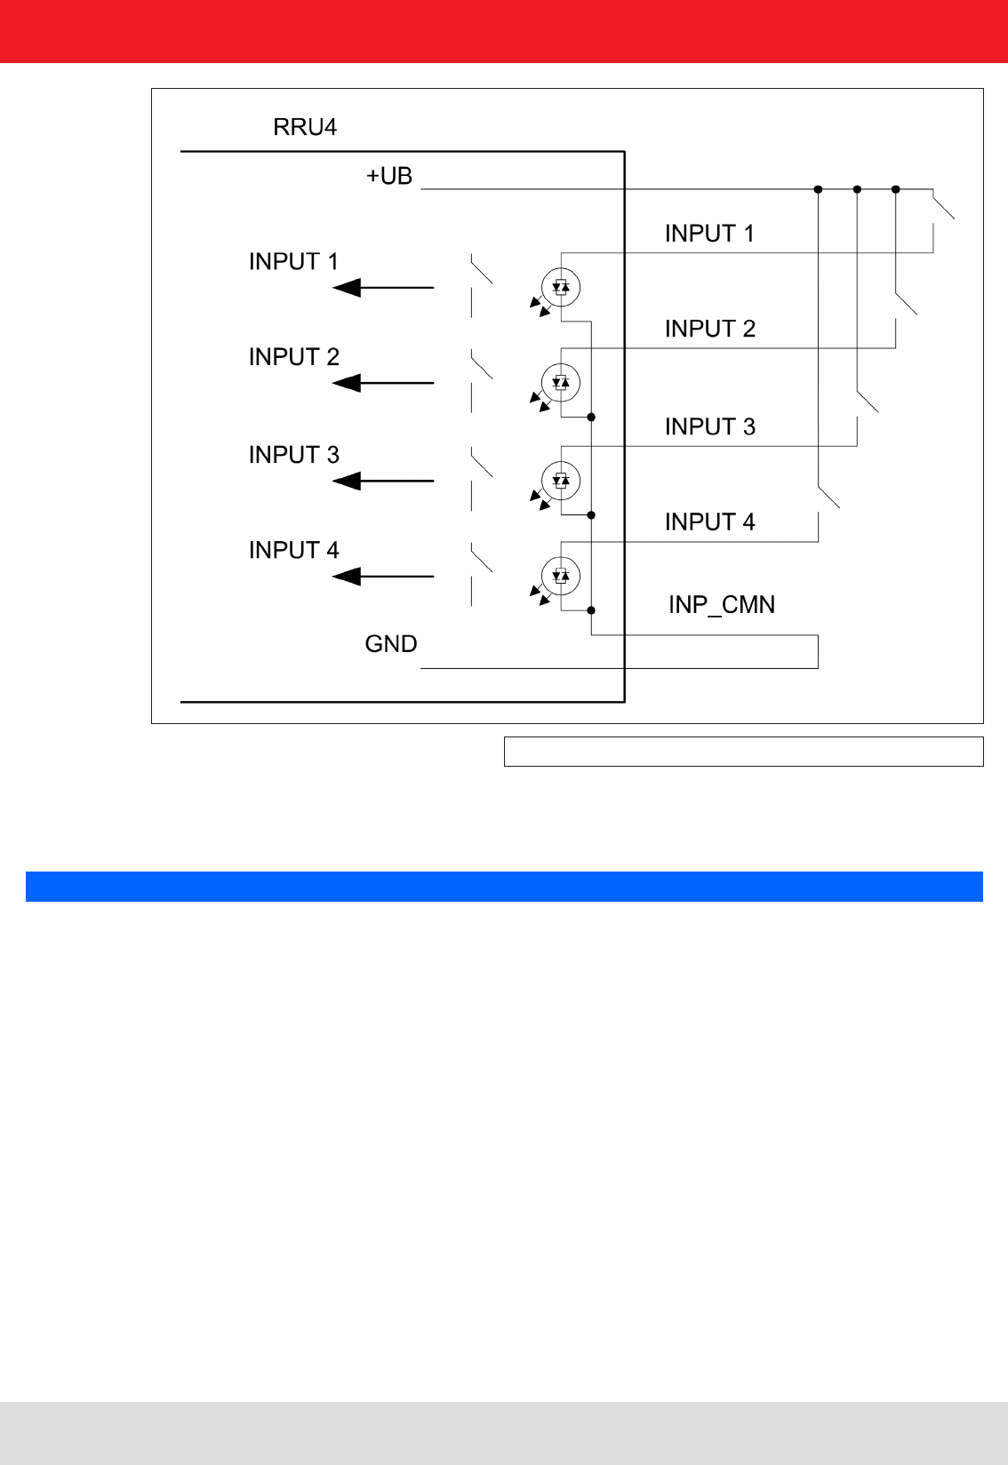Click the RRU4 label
pos(305,127)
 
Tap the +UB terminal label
pos(389,176)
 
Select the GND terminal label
pos(391,644)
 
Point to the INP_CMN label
pos(722,605)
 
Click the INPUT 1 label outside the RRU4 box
pos(709,234)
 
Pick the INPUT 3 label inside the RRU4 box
pos(294,455)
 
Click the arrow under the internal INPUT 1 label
pos(383,288)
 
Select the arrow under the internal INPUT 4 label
pos(383,577)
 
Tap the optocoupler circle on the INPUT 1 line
pos(561,287)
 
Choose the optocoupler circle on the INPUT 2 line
pos(561,383)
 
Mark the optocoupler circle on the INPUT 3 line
pos(561,481)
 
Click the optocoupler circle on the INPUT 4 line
pos(561,576)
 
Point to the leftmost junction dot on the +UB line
pos(818,189)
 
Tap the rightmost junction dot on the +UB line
pos(896,189)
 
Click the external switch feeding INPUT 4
pos(828,498)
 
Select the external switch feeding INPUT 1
pos(943,207)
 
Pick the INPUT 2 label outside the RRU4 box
pos(709,329)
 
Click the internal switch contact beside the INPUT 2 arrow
pos(481,365)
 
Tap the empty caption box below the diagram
pos(743,752)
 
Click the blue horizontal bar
pos(504,887)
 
